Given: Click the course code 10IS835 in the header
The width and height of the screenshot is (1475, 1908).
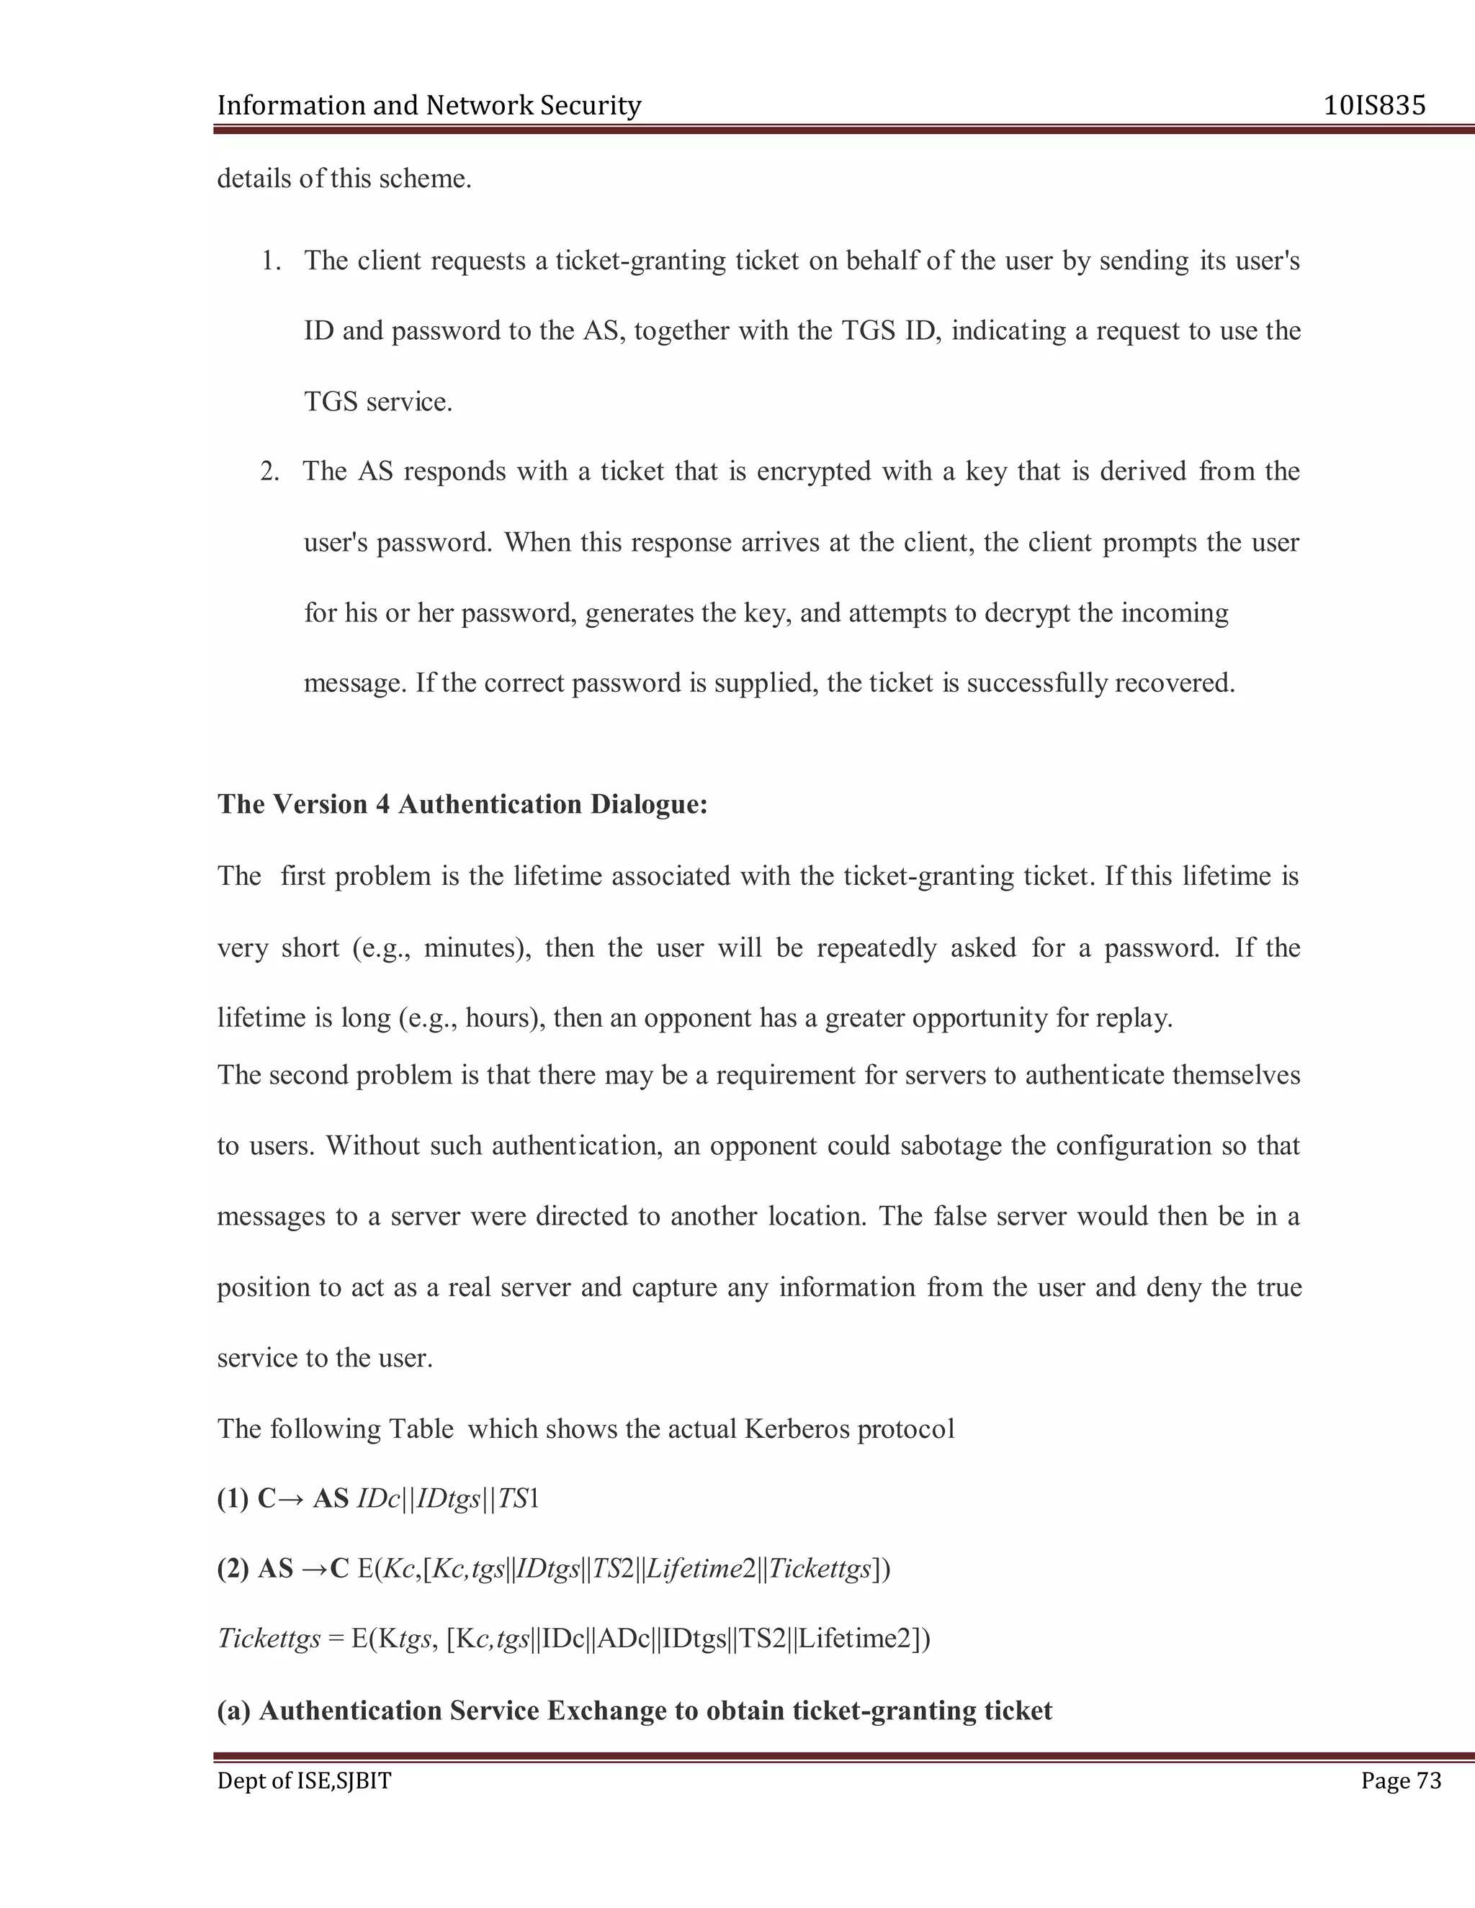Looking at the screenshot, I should coord(1374,106).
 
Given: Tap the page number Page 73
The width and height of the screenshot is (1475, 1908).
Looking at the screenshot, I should coord(1401,1781).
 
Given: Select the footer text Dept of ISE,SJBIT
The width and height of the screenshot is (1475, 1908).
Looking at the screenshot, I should coord(304,1781).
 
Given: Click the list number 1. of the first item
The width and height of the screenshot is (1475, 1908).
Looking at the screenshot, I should coord(271,261).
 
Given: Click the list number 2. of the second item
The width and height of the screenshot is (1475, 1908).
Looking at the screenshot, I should coord(270,472).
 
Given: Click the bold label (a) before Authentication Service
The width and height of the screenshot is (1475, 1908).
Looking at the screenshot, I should coord(233,1710).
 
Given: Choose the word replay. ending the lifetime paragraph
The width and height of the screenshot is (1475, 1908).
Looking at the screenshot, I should coord(1136,1019).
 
